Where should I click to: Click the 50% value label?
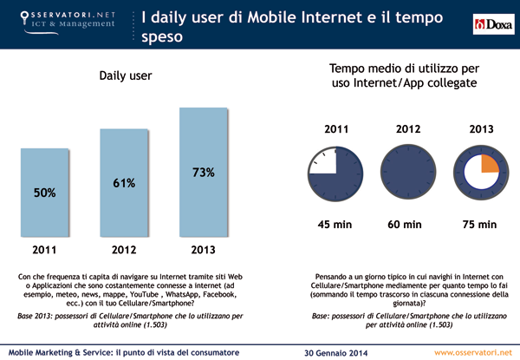pos(45,193)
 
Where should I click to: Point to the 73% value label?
pos(202,173)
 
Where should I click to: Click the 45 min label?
pos(335,224)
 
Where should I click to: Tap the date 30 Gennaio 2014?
pos(336,351)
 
